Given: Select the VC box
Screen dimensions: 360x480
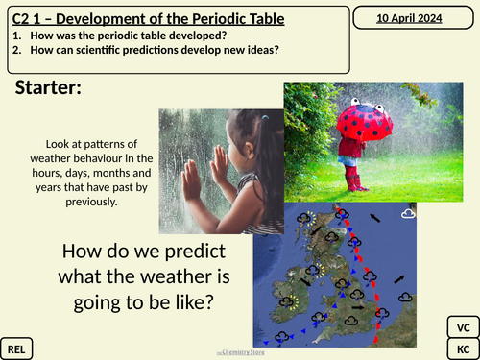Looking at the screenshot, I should tap(461, 325).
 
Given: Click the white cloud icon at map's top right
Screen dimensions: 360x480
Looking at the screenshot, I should tap(408, 212).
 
